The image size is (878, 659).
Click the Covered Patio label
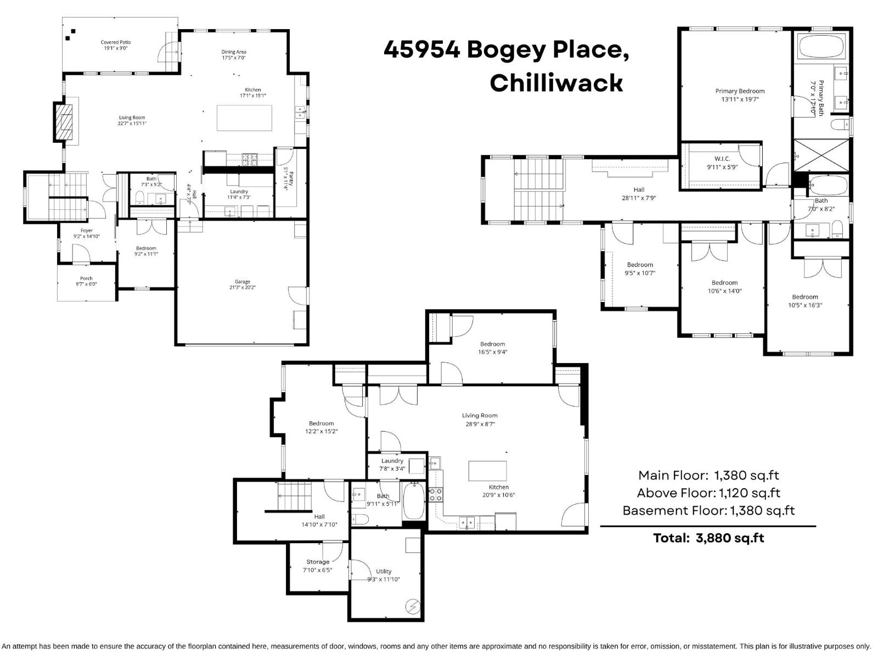point(116,42)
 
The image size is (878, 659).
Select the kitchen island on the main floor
point(244,118)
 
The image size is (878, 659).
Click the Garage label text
point(242,282)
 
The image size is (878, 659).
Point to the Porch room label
point(86,278)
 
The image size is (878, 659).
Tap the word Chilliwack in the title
point(556,83)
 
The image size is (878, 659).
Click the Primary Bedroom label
point(740,91)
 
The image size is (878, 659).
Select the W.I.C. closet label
point(722,159)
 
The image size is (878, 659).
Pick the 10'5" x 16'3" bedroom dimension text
point(805,305)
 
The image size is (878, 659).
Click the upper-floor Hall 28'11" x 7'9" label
point(639,194)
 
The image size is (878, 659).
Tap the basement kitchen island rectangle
point(487,471)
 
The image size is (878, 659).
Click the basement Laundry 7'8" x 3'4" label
point(392,465)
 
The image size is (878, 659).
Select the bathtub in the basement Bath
point(413,501)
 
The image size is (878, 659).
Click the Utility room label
point(384,572)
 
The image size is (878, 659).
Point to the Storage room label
point(318,562)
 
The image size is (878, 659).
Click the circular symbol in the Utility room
point(412,606)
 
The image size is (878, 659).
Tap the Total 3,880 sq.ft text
point(708,538)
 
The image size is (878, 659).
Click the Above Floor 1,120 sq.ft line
point(708,493)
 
